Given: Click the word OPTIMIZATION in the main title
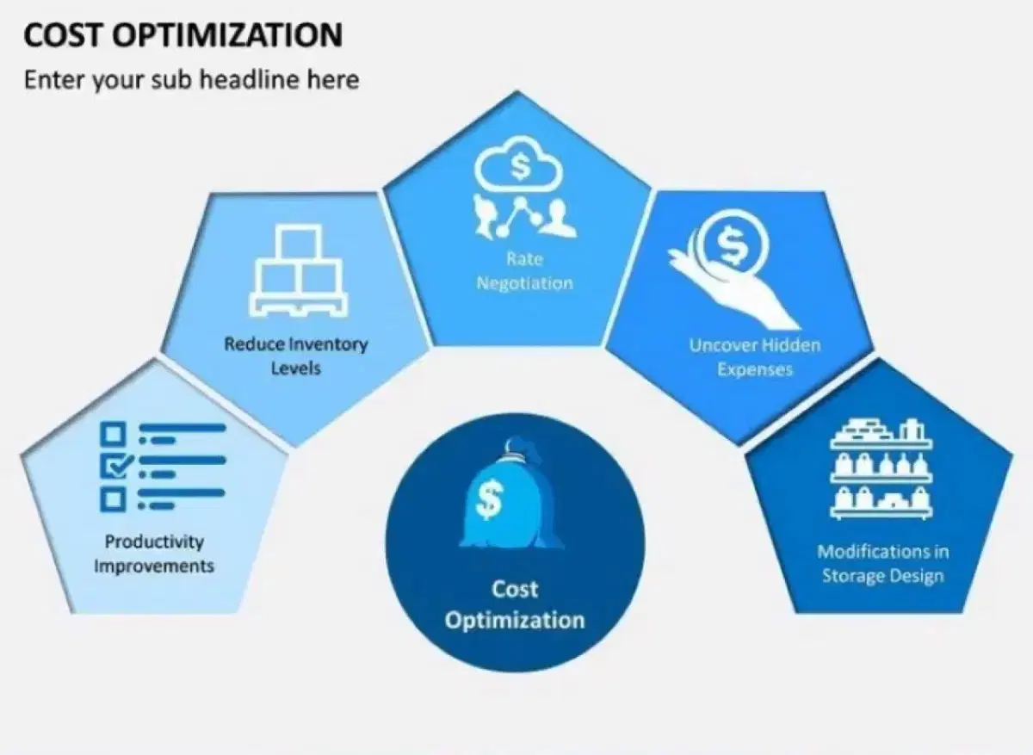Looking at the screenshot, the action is [x=227, y=35].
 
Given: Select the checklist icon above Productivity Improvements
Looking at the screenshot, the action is [x=164, y=467].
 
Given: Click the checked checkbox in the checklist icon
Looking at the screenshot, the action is [x=115, y=466].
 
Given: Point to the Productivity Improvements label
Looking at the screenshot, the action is [x=154, y=554].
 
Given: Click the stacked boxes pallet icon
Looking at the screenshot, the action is [x=299, y=270].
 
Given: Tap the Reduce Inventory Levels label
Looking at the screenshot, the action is [x=295, y=356].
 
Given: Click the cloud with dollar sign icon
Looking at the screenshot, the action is [x=519, y=164].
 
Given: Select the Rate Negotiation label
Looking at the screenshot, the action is [x=525, y=270].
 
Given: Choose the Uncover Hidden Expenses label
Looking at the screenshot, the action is [x=755, y=357].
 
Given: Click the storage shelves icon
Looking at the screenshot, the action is [x=881, y=469].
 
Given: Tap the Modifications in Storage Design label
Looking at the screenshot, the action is [x=883, y=564].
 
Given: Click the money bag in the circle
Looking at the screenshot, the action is [x=511, y=493].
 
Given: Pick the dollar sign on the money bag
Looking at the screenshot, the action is [x=489, y=499].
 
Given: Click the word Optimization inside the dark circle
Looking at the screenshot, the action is [x=515, y=620].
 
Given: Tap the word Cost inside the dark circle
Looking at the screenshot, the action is [x=515, y=590].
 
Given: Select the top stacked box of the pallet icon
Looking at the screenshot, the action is [x=301, y=242].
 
